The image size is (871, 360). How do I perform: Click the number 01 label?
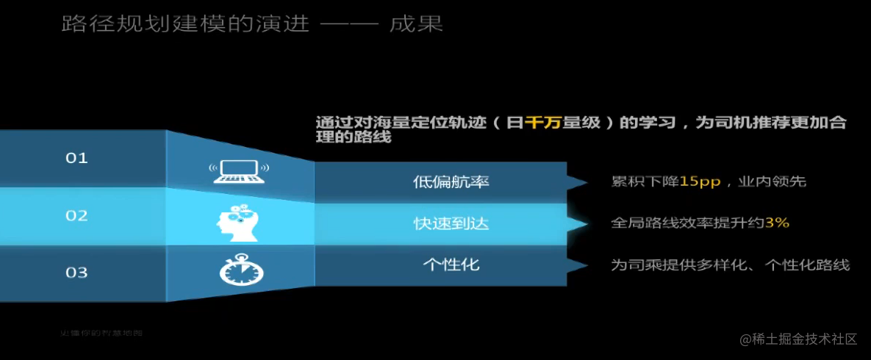[x=76, y=158]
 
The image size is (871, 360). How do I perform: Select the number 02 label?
[x=76, y=216]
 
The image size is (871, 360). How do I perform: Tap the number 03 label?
[x=76, y=273]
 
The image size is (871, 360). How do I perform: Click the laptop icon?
[x=240, y=170]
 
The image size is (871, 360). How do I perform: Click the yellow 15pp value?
[x=700, y=181]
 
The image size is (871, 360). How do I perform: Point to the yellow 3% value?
[x=777, y=223]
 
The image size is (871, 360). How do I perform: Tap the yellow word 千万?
[x=542, y=123]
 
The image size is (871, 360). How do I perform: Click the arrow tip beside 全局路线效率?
[x=586, y=223]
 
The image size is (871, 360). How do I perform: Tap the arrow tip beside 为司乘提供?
[x=586, y=264]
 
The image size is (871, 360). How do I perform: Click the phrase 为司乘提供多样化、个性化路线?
[x=730, y=264]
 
